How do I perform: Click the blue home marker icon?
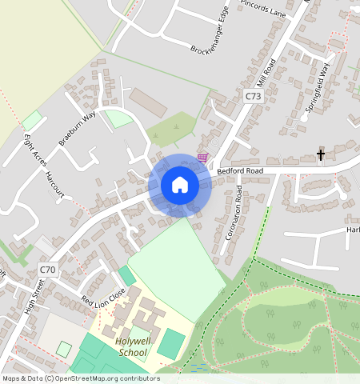pyautogui.click(x=180, y=186)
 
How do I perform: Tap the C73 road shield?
pyautogui.click(x=253, y=96)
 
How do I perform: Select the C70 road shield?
pyautogui.click(x=48, y=270)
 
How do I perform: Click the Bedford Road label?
pyautogui.click(x=240, y=170)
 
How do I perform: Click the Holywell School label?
pyautogui.click(x=132, y=346)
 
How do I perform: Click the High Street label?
pyautogui.click(x=33, y=296)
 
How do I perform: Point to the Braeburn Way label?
pyautogui.click(x=77, y=127)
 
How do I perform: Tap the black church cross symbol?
pyautogui.click(x=321, y=154)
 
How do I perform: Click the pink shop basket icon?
pyautogui.click(x=202, y=158)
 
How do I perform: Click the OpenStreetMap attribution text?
pyautogui.click(x=80, y=378)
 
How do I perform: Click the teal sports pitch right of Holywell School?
pyautogui.click(x=170, y=344)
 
